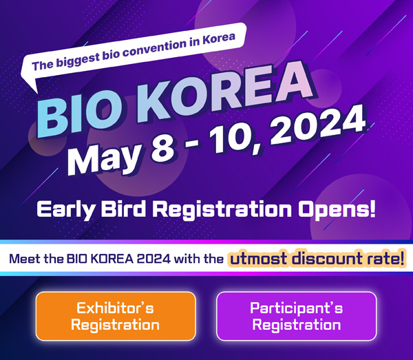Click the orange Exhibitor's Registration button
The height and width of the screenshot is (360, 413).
pyautogui.click(x=116, y=316)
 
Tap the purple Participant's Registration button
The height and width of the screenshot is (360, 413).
pyautogui.click(x=296, y=316)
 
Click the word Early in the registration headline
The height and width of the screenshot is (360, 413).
pyautogui.click(x=65, y=210)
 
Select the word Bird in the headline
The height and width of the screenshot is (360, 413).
pyautogui.click(x=123, y=209)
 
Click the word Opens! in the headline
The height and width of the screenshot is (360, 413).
pyautogui.click(x=337, y=210)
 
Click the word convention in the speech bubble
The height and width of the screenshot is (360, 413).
pyautogui.click(x=155, y=47)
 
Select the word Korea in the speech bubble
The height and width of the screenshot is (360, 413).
pyautogui.click(x=219, y=39)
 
